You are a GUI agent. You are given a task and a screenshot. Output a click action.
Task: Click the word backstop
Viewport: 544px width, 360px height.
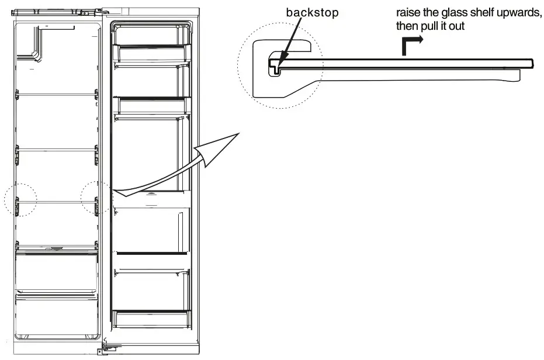coord(312,13)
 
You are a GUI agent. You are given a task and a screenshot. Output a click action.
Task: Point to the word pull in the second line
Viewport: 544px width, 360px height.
coord(432,27)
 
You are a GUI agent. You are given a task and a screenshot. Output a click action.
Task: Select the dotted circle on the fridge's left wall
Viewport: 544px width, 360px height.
coord(20,199)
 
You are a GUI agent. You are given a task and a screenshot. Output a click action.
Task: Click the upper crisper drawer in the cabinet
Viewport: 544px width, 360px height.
coord(57,270)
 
